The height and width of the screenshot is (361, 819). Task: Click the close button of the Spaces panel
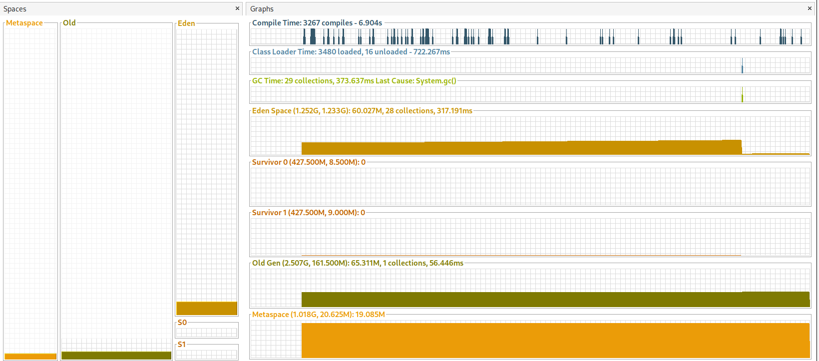[237, 8]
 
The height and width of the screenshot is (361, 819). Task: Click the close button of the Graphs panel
[810, 8]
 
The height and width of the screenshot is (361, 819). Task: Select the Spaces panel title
[15, 9]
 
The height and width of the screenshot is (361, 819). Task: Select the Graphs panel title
[262, 9]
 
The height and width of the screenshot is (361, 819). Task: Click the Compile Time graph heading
[317, 22]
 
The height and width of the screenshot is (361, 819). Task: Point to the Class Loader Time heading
[351, 51]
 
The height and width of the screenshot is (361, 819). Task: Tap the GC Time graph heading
[354, 80]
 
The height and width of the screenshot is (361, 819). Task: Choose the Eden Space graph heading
[362, 110]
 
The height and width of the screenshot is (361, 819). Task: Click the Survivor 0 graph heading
[309, 162]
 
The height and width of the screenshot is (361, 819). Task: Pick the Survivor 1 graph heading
[309, 212]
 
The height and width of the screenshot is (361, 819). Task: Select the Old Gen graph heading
[358, 263]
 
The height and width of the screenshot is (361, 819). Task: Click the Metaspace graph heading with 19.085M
[319, 314]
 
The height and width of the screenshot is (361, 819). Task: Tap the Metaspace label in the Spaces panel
[24, 22]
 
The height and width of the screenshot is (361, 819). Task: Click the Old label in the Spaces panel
[69, 22]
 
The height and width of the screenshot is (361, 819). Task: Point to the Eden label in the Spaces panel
[186, 23]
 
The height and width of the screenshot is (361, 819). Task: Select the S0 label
[182, 322]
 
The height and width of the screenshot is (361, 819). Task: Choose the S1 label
[182, 344]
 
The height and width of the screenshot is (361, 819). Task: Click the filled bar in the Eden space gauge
[207, 308]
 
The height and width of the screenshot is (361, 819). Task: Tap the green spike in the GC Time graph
[742, 95]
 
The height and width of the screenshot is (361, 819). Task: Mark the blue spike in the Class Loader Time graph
[742, 66]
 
